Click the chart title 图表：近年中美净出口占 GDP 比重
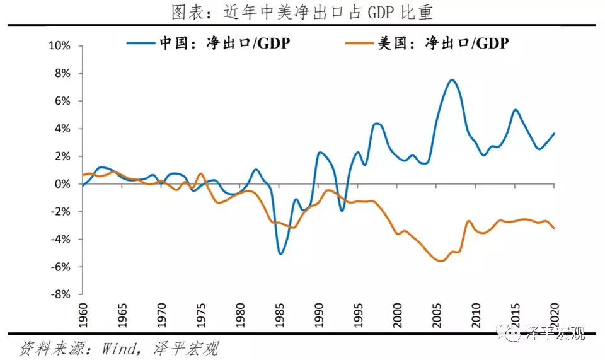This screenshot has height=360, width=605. pyautogui.click(x=302, y=12)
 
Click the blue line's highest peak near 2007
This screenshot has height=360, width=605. pyautogui.click(x=452, y=80)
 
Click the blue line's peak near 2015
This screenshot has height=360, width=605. pyautogui.click(x=516, y=110)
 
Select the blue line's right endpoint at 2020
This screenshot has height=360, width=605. pyautogui.click(x=554, y=133)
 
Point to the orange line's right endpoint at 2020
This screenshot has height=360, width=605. pyautogui.click(x=554, y=228)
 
